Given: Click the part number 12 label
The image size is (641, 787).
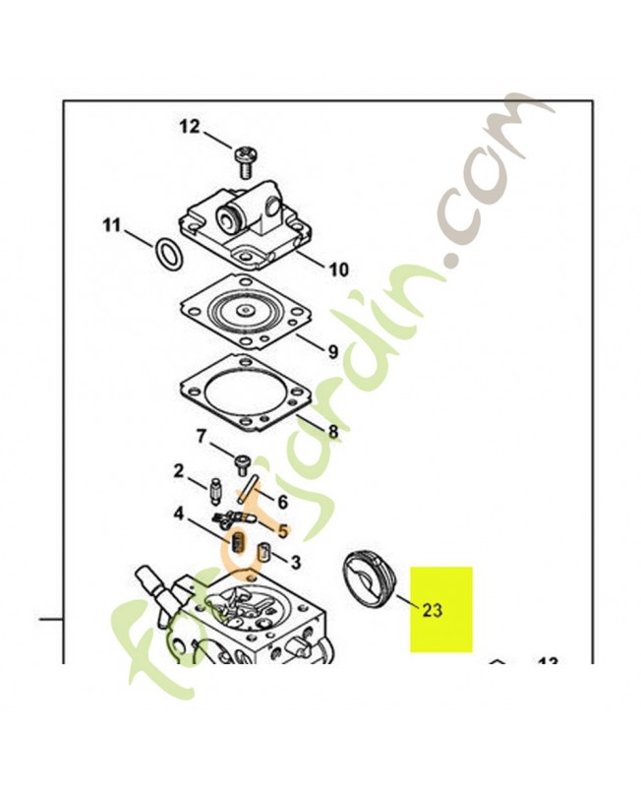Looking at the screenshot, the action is click(x=190, y=127).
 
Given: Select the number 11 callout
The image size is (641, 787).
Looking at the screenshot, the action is click(x=112, y=225).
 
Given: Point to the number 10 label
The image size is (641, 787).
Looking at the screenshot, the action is click(x=338, y=270).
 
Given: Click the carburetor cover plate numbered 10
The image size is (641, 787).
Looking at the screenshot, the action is click(x=245, y=225).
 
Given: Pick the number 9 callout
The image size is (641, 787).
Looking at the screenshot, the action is click(x=333, y=352).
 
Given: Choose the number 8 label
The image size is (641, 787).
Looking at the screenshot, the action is click(x=332, y=431).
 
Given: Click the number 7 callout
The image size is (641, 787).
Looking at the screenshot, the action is click(x=201, y=437).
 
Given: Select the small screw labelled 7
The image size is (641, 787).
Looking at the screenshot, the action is click(x=242, y=463).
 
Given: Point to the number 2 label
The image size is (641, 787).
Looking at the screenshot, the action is click(x=179, y=471).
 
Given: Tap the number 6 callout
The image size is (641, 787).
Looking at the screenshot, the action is click(x=282, y=502).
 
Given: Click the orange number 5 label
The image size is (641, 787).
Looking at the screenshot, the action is click(x=283, y=530).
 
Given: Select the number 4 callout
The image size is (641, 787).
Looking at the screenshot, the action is click(x=179, y=514).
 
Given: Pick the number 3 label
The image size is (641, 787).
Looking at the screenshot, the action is click(x=296, y=562).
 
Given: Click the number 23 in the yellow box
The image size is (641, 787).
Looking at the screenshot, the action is click(x=433, y=610).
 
